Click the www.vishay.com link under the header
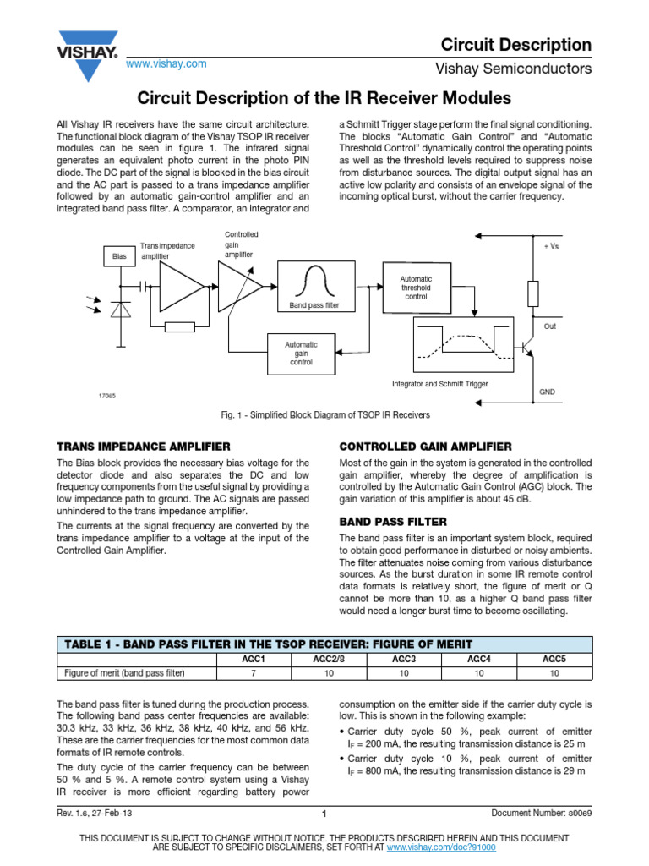tap(166, 64)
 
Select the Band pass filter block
tap(314, 287)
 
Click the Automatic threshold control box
tap(416, 288)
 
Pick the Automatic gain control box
tap(301, 353)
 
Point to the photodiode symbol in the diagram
tap(117, 310)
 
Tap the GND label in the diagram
tap(548, 392)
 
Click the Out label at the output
tap(550, 326)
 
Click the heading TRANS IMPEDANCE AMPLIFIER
tap(144, 446)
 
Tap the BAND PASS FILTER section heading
tap(393, 522)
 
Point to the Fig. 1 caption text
tap(324, 415)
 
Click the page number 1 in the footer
tap(324, 814)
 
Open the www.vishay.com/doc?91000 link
tap(441, 847)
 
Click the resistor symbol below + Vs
tap(533, 293)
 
